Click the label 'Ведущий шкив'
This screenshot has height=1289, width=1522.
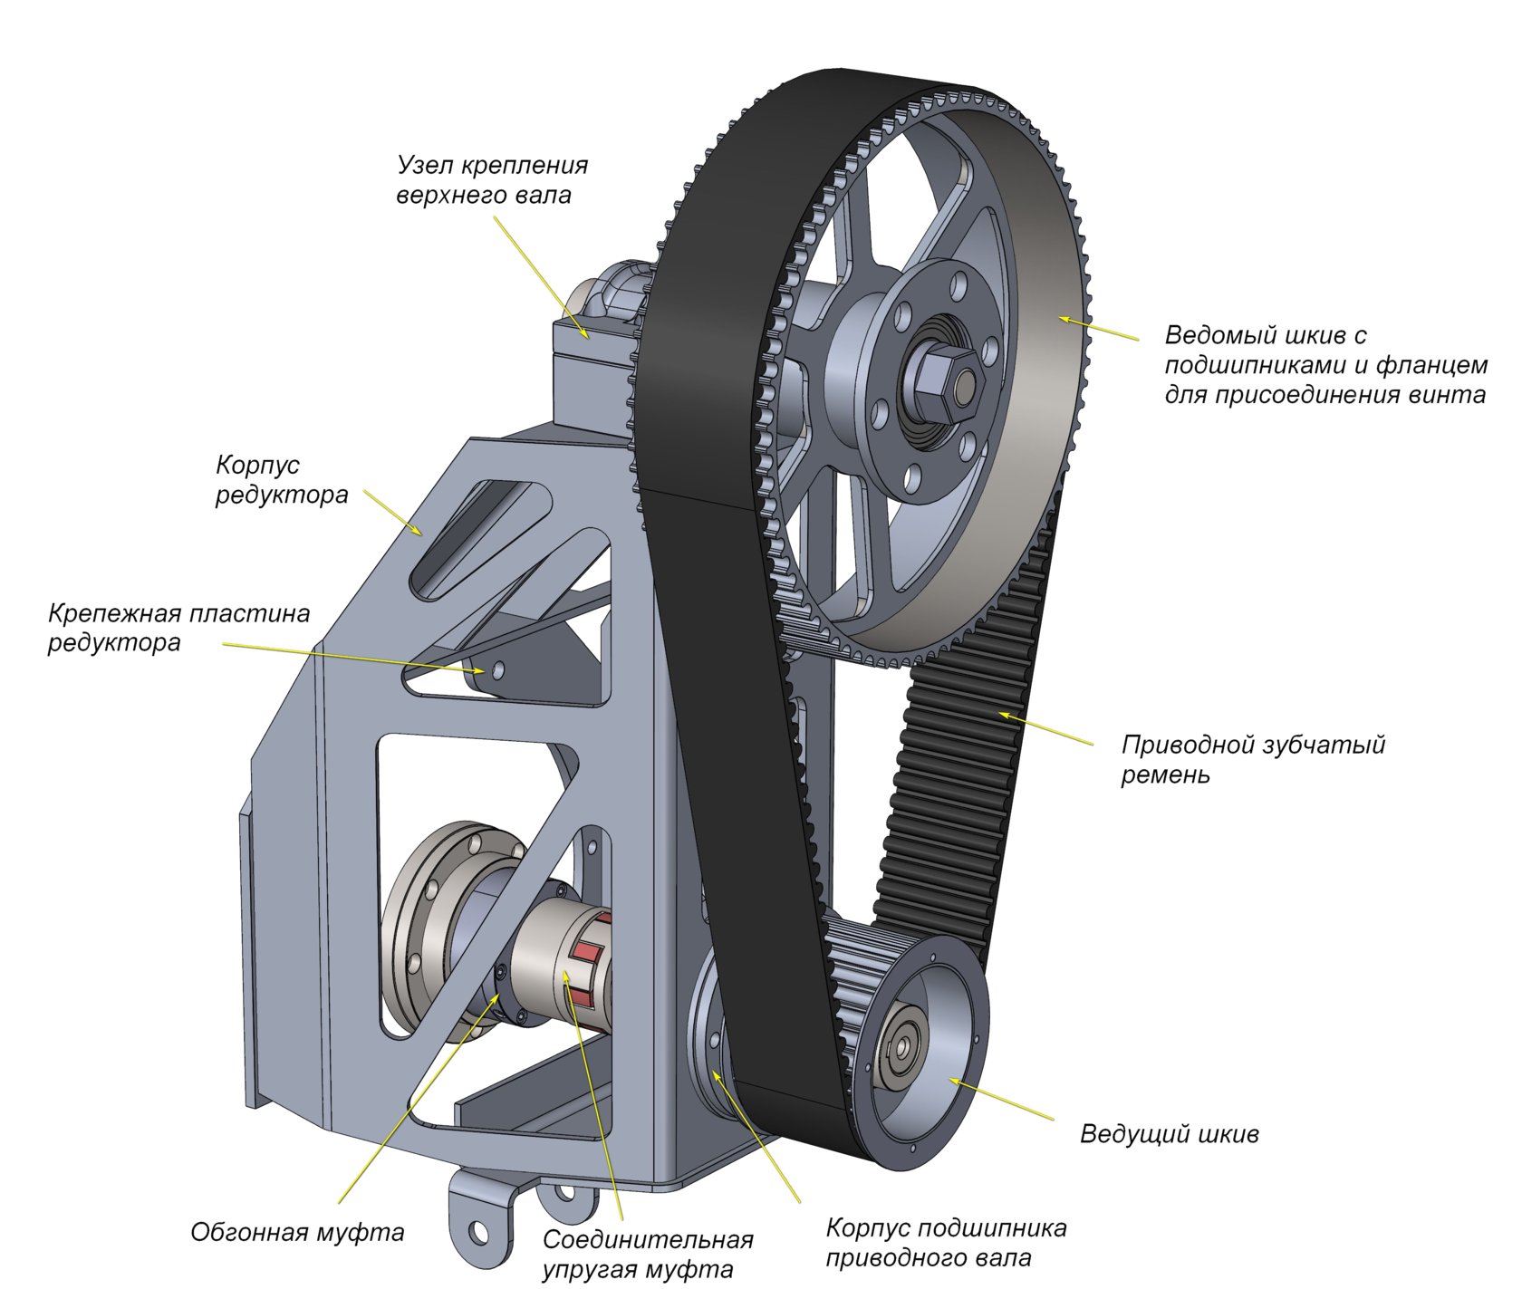pos(1169,1134)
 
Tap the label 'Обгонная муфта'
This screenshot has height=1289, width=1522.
pos(297,1232)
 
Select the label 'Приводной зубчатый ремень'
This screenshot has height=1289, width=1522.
pos(1253,760)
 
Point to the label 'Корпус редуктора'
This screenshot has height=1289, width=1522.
pos(282,480)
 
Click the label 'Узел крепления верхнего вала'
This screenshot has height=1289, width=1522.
pos(492,179)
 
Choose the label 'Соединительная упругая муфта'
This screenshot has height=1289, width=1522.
pos(648,1254)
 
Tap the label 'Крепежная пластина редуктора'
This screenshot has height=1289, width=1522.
pos(178,628)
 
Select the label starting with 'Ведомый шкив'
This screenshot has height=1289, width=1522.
pos(1325,365)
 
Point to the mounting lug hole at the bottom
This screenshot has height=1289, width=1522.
pos(477,1232)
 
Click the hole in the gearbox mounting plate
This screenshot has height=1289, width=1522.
pos(496,669)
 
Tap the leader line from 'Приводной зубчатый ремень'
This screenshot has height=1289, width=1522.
pos(1045,730)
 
